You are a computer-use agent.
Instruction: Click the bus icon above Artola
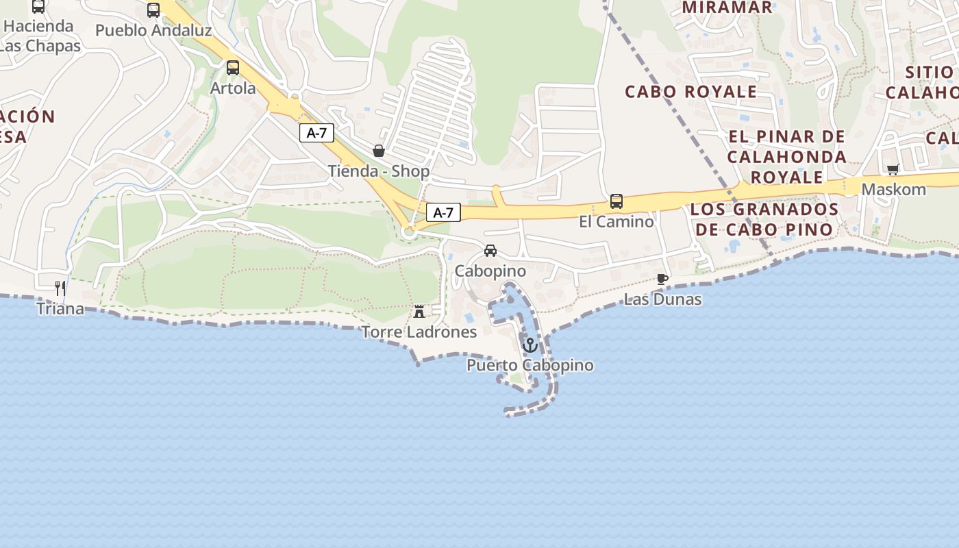(233, 68)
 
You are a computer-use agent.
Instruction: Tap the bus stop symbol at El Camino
(616, 201)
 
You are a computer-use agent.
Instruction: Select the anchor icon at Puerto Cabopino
(530, 345)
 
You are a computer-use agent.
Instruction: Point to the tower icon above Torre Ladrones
(419, 312)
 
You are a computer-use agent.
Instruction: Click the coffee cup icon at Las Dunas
(662, 279)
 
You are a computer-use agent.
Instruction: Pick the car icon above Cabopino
(490, 251)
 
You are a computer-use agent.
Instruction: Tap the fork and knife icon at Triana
(60, 288)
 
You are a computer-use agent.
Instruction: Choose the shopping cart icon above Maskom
(893, 169)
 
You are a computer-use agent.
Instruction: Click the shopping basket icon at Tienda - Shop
(378, 151)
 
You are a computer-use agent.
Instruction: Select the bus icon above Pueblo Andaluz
(153, 10)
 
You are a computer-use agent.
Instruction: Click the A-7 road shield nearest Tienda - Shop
(316, 133)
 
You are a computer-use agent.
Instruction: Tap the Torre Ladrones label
(419, 332)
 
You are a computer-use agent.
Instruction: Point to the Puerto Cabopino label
(530, 365)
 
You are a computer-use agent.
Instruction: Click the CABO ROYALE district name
(691, 92)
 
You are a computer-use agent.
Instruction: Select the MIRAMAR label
(727, 8)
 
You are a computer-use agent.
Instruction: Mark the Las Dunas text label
(662, 299)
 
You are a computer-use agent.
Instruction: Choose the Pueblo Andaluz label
(153, 31)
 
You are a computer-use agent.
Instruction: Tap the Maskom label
(893, 190)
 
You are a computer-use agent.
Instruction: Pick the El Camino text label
(616, 222)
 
